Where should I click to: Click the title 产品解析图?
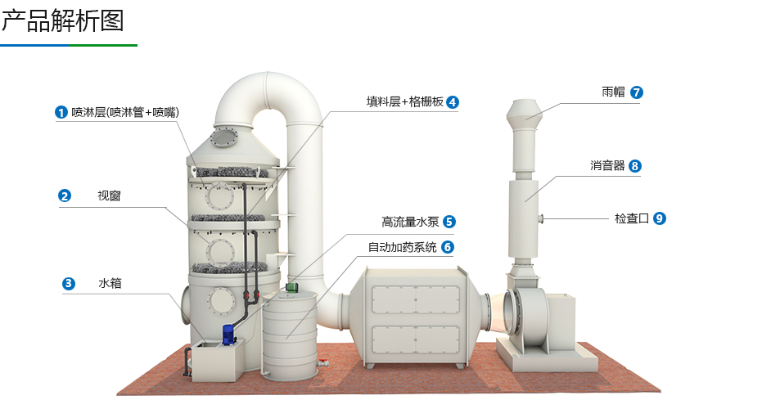[63, 20]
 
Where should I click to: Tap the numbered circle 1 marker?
[61, 112]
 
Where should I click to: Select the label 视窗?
[109, 196]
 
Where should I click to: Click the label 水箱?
[109, 284]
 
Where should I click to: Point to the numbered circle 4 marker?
[453, 102]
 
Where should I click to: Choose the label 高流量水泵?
[410, 222]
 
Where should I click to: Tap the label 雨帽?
[613, 92]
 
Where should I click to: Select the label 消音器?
[607, 166]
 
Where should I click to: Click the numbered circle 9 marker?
[660, 218]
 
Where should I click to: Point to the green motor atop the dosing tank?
[290, 286]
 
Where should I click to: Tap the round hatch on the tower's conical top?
[225, 137]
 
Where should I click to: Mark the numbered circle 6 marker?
[447, 247]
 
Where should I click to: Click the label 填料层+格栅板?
[404, 102]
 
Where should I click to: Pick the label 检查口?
[631, 218]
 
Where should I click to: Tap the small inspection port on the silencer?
[542, 218]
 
